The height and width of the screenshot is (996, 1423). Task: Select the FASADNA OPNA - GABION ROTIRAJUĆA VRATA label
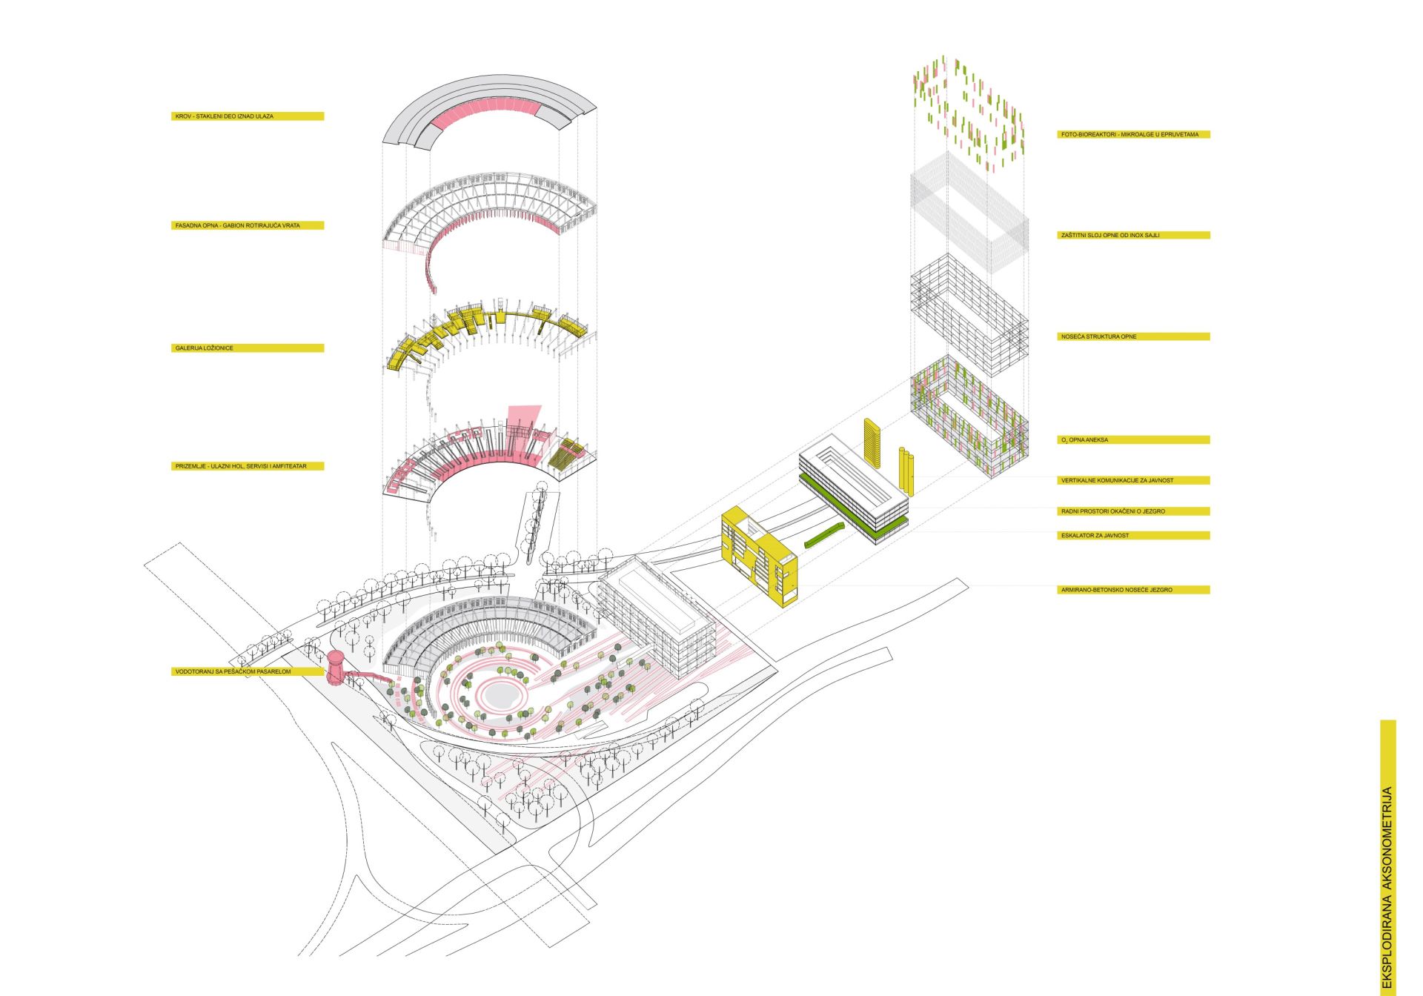tap(238, 225)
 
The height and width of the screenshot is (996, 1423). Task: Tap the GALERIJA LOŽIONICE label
tap(205, 348)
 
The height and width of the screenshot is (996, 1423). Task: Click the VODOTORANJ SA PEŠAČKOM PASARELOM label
tap(233, 671)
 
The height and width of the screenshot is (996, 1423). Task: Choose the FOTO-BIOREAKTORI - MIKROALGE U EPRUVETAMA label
tap(1130, 135)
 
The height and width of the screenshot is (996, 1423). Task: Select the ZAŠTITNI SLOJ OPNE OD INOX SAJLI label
tap(1110, 236)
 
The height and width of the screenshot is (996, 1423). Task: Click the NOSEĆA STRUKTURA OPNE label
tap(1098, 336)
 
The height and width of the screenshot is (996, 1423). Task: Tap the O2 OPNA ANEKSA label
tap(1084, 440)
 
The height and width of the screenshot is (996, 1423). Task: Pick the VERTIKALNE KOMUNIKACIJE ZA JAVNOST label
tap(1117, 480)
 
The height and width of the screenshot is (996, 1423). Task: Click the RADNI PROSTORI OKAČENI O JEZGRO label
tap(1113, 511)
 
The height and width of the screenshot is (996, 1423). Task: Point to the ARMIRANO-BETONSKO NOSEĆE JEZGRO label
tap(1117, 590)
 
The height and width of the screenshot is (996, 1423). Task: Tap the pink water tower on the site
tap(336, 668)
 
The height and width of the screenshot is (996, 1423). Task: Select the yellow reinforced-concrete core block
tap(760, 556)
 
